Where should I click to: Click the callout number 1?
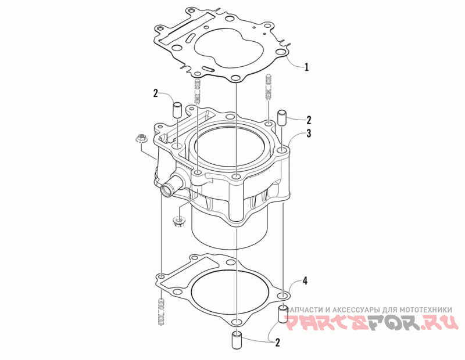point(307,67)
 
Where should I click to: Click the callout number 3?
point(309,134)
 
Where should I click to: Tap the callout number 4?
point(304,280)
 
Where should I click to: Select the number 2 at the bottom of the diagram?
point(277,343)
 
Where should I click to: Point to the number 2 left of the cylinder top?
point(156,93)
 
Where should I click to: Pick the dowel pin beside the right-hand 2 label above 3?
point(281,118)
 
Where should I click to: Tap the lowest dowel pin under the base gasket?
point(237,341)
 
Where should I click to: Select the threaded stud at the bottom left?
point(161,312)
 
